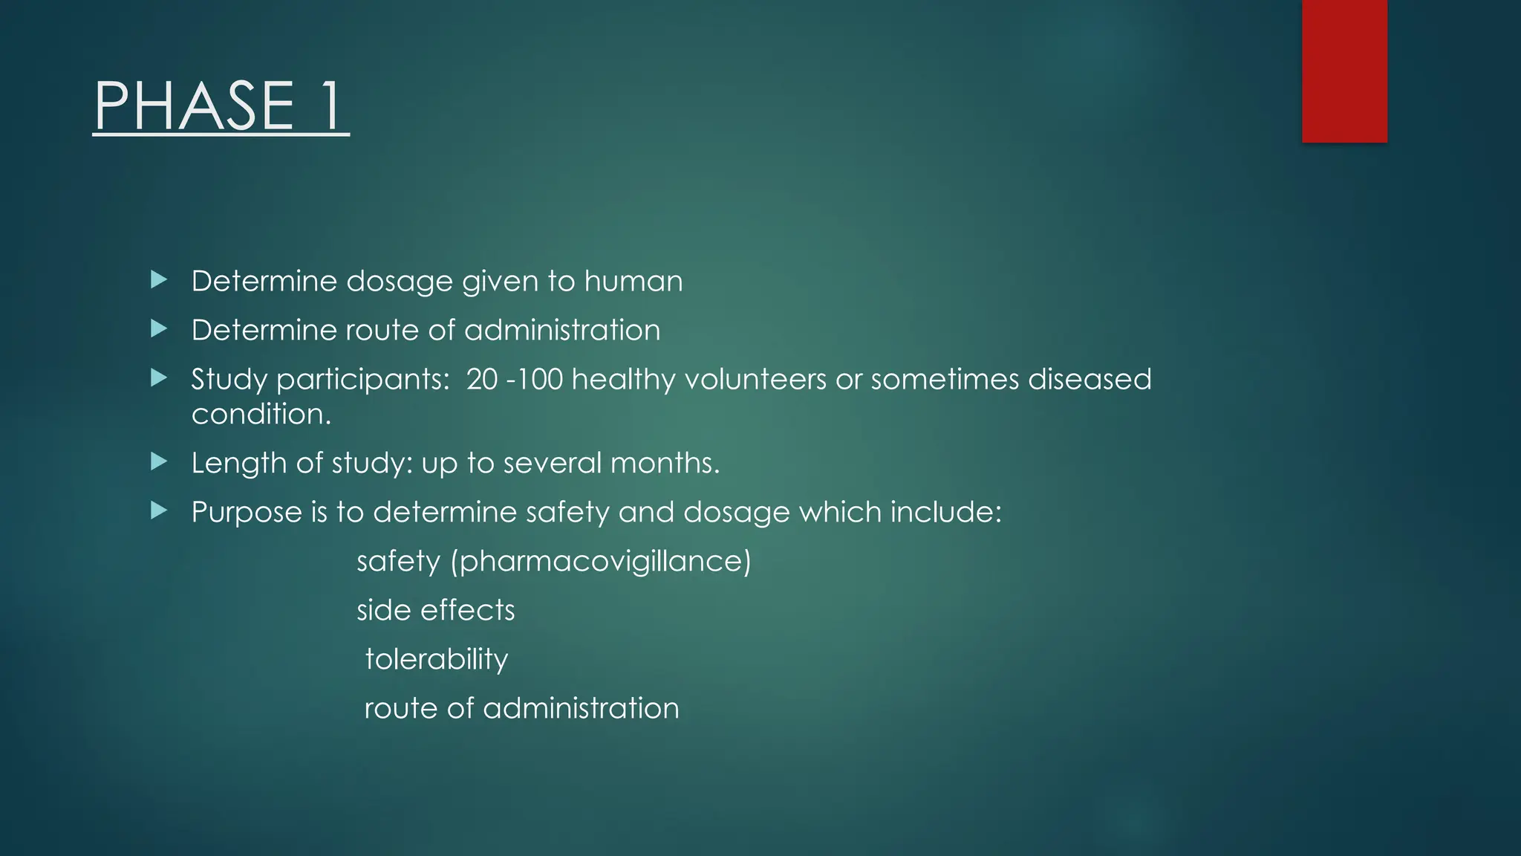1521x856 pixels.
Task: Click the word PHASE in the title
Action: click(x=195, y=106)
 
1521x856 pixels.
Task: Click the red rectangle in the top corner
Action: click(x=1344, y=71)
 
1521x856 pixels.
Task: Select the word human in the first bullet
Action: click(x=633, y=282)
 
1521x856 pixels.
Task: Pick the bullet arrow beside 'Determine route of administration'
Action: click(x=159, y=329)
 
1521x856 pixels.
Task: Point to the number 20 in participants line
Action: click(x=482, y=380)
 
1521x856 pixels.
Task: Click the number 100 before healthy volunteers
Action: click(x=540, y=380)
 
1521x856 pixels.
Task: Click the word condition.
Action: click(x=261, y=414)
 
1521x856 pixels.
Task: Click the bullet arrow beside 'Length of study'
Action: click(x=159, y=462)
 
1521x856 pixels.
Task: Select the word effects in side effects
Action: click(x=467, y=610)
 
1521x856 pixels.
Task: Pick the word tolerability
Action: click(x=437, y=660)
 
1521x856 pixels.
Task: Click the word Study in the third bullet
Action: click(x=229, y=380)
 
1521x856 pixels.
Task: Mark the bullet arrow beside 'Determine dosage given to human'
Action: click(x=159, y=280)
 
